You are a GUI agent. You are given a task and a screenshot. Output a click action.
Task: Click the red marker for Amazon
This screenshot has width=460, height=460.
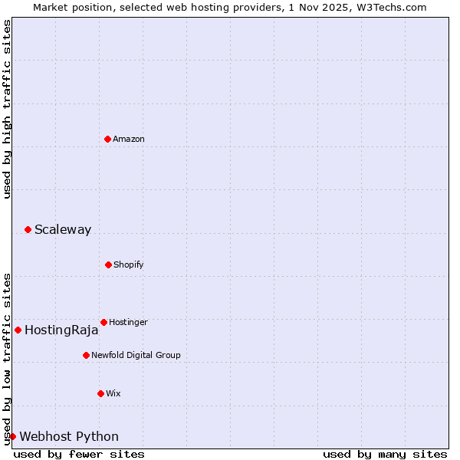107,139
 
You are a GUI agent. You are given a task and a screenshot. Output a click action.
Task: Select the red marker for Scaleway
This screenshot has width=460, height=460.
28,229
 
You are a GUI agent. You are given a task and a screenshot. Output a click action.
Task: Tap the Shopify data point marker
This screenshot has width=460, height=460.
108,264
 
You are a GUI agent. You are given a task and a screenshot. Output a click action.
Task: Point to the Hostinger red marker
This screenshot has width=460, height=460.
103,322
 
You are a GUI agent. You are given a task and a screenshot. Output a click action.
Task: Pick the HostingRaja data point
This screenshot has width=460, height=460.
18,330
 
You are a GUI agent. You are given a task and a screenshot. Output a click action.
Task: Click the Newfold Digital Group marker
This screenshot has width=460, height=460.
86,355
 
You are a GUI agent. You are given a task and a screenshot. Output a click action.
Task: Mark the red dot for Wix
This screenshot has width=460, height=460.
100,393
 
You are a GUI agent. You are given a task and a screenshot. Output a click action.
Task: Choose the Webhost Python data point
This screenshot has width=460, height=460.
12,436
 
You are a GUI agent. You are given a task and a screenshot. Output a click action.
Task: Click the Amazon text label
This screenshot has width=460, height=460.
129,139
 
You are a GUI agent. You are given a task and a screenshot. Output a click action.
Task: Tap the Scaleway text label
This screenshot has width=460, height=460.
63,229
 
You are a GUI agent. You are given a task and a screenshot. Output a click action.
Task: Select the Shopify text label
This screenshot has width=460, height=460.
129,264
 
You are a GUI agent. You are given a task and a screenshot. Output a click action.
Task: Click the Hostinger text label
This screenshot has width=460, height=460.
128,322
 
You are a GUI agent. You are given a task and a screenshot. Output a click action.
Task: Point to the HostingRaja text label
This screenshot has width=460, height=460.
61,330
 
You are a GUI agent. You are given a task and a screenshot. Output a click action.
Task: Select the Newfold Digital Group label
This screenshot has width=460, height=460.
136,355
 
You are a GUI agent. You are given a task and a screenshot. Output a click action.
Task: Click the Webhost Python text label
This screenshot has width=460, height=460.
69,437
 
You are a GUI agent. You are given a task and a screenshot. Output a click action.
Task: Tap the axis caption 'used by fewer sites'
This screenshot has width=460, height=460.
79,454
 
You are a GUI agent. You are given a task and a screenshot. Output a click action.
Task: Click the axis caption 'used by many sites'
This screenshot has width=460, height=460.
385,454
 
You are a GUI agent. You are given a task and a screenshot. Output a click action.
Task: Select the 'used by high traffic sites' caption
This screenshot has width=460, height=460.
7,109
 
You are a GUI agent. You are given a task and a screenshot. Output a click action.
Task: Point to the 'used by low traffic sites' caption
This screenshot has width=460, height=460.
7,358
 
